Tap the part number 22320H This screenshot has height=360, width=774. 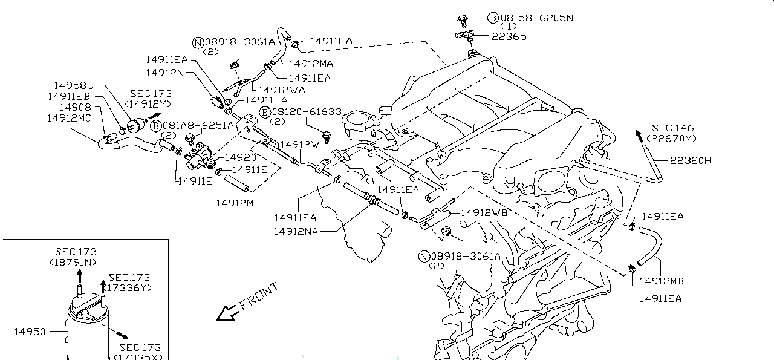(x=690, y=160)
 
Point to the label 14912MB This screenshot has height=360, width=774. (x=661, y=281)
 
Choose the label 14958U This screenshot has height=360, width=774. (x=74, y=85)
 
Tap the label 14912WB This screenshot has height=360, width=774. (x=484, y=213)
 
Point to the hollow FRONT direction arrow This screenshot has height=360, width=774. (x=227, y=312)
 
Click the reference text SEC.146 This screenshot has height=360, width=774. (x=673, y=128)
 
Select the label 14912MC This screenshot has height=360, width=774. (x=69, y=118)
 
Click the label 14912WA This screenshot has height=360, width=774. (x=281, y=90)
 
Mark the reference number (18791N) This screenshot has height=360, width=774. (x=73, y=262)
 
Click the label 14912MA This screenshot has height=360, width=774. (x=310, y=63)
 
